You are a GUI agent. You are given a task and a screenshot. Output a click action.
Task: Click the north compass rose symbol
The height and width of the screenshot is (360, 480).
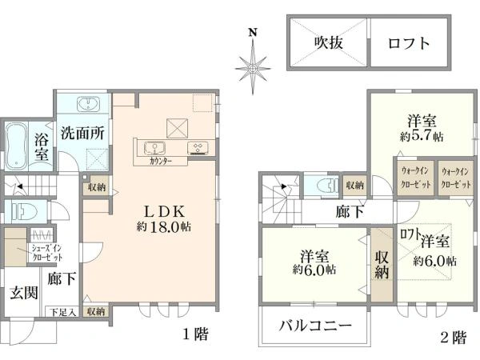253,67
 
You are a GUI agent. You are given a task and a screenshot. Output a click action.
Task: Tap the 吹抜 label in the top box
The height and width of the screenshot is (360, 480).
328,43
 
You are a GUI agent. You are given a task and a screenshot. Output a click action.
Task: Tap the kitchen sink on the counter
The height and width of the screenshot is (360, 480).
154,146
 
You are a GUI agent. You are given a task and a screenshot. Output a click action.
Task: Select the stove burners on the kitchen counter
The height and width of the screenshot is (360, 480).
198,146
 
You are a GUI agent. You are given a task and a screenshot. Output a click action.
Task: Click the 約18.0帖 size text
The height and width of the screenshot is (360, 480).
166,227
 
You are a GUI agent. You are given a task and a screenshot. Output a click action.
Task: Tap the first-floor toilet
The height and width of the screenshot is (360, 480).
22,213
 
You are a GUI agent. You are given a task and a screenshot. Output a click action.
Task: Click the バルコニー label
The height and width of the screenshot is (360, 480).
316,327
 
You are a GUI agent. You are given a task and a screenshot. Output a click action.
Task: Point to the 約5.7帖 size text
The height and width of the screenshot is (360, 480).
421,135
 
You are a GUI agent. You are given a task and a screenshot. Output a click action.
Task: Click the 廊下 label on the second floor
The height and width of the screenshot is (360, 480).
350,212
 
